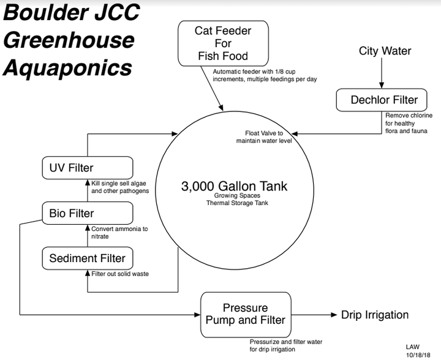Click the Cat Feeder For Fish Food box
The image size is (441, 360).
pos(224,43)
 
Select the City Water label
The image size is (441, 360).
pos(385,51)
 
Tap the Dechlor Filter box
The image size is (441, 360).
pos(384,99)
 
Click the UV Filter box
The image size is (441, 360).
pos(88,167)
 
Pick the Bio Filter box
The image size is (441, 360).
pos(88,213)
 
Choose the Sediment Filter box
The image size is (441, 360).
pos(88,258)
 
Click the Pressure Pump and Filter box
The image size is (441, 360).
pos(245,315)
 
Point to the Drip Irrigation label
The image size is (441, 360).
pos(375,315)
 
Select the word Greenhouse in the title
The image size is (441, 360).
pos(69,40)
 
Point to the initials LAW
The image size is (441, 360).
pos(413,347)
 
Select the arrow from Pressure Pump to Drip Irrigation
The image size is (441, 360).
pos(312,315)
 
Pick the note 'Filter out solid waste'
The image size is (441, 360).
pos(120,274)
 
